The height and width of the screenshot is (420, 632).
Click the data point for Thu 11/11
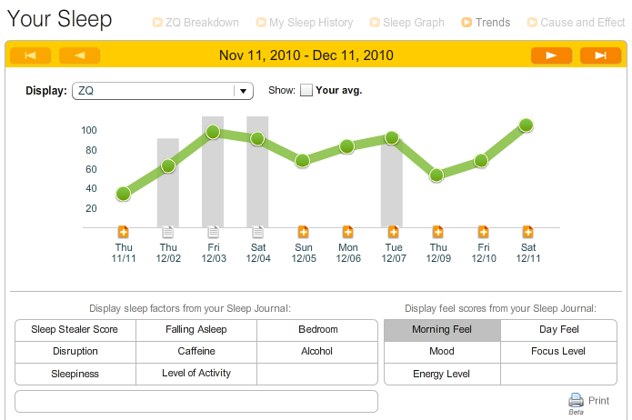pos(124,194)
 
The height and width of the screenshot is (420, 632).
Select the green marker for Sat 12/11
pos(526,125)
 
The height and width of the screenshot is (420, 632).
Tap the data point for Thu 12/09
pos(436,175)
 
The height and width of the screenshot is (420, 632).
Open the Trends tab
pos(487,23)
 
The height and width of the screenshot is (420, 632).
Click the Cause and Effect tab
pos(576,23)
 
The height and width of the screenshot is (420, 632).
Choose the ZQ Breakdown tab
pos(196,23)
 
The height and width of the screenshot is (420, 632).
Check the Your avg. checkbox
pos(306,90)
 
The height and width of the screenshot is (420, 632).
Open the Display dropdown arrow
pos(243,91)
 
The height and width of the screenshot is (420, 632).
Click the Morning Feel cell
pos(442,330)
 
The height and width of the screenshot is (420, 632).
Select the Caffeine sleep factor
pos(196,352)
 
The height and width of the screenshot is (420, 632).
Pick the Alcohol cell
pos(316,352)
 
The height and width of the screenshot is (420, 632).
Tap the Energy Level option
pos(442,374)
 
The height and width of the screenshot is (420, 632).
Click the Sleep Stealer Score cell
pos(75,330)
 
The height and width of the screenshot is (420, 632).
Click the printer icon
pos(576,400)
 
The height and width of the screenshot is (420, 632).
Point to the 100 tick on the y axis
pos(89,130)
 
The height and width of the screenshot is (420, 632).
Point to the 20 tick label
pos(91,208)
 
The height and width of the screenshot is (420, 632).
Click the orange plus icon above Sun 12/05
pos(303,232)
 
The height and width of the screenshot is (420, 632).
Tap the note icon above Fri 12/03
pos(213,232)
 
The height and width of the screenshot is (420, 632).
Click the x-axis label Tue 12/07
pos(394,253)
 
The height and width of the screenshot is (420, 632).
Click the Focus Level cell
pos(558,352)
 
